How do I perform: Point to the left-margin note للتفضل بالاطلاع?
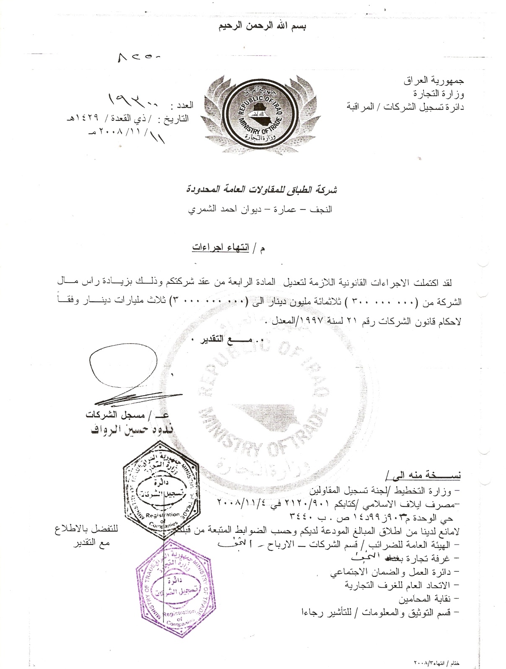coord(87,529)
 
